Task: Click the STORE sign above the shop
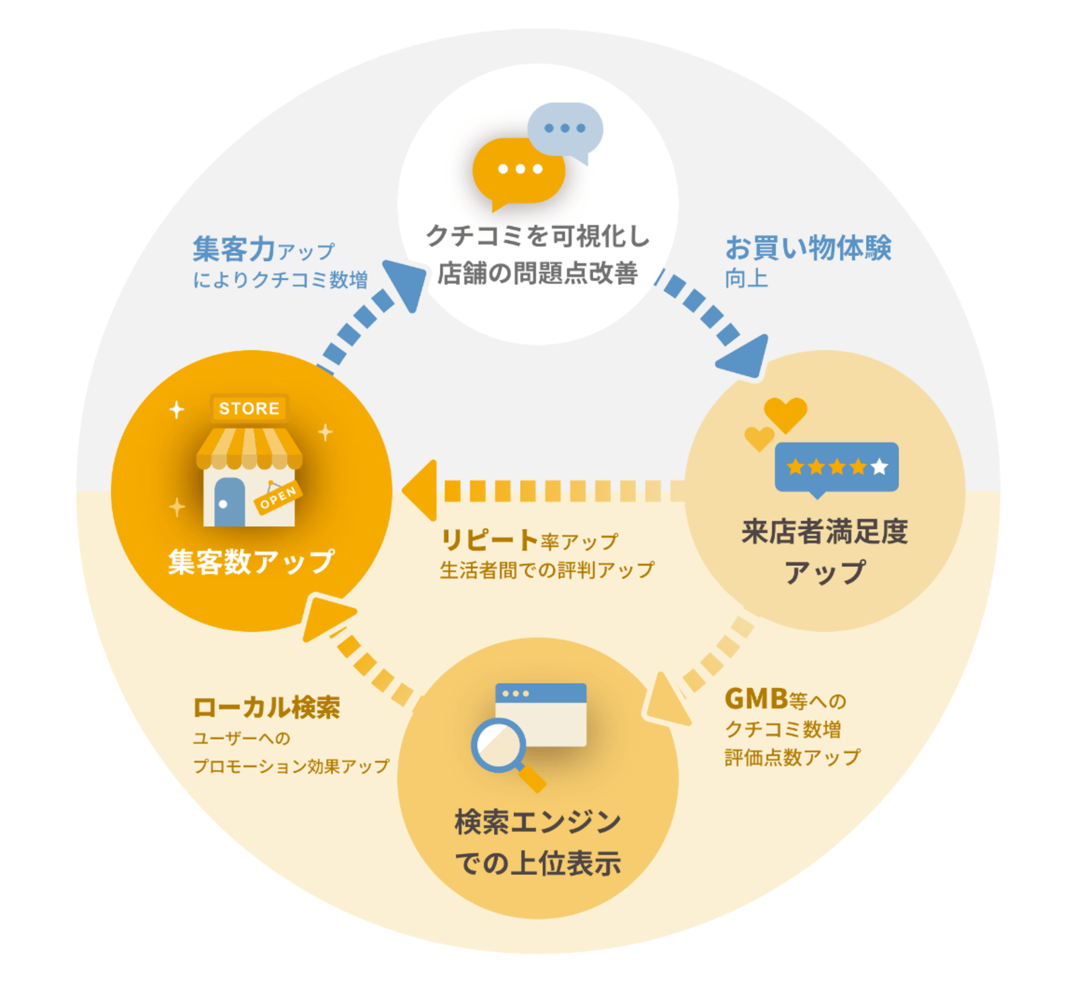point(249,408)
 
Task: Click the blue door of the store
point(229,502)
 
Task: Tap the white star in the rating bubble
point(879,466)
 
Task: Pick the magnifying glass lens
point(498,744)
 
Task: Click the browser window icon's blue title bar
point(541,693)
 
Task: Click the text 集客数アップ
point(251,561)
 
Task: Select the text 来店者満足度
point(824,531)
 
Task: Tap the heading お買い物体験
point(808,248)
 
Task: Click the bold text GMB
point(756,699)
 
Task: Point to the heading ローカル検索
point(266,707)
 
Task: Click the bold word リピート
point(489,540)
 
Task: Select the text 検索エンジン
point(538,822)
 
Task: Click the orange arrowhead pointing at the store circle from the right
point(420,491)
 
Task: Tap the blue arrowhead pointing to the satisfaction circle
point(745,355)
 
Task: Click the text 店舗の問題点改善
point(537,273)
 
